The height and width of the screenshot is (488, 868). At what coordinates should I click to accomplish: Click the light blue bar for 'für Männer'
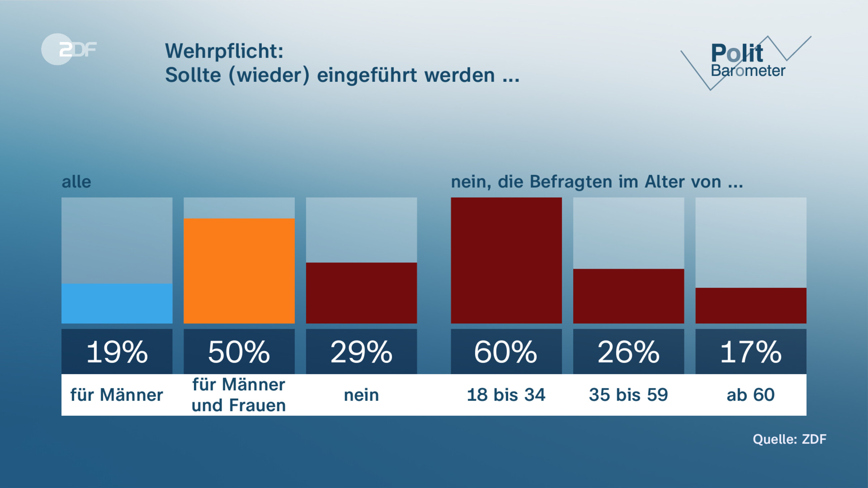point(117,303)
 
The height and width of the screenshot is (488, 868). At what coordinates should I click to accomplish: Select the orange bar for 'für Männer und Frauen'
point(239,271)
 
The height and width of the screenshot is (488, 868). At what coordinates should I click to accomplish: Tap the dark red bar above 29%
point(361,293)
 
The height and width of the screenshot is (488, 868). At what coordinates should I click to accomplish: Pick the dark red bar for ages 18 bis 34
point(506,260)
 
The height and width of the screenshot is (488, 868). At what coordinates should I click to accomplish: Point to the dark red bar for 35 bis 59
point(629,296)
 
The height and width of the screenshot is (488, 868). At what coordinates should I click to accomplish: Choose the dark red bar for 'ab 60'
point(751,305)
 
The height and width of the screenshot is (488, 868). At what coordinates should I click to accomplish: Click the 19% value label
point(117,352)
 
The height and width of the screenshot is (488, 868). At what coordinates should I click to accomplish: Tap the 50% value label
point(239,352)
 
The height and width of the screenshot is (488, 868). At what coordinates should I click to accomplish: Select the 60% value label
point(506,352)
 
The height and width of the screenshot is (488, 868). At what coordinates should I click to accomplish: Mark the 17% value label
point(751,352)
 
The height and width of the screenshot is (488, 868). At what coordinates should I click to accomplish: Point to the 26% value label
point(629,352)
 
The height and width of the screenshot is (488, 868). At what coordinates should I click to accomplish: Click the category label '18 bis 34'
point(506,395)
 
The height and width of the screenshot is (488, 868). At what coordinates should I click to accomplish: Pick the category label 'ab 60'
point(751,395)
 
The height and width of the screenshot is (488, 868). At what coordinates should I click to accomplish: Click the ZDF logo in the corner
point(69,49)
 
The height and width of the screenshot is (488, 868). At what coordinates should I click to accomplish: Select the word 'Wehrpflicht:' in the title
point(224,51)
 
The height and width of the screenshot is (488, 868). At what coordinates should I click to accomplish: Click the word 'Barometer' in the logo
point(748,71)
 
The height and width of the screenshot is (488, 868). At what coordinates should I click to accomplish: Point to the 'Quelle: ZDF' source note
point(790,439)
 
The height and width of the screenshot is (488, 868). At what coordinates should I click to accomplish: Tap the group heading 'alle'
point(76,182)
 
